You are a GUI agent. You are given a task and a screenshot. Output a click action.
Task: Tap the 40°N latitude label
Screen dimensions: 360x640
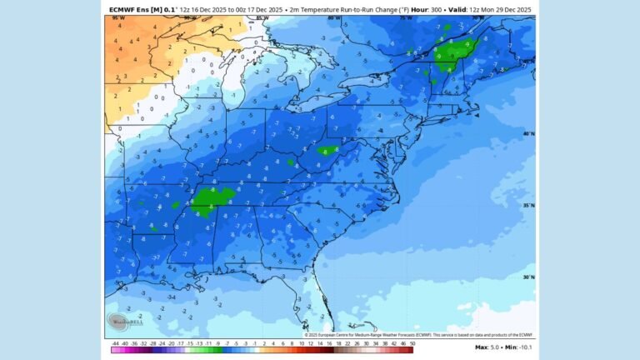pyautogui.click(x=527, y=133)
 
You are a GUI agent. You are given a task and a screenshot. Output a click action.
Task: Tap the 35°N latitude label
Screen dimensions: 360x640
pyautogui.click(x=527, y=205)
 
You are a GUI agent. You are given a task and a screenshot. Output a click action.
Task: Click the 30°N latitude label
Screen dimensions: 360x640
pyautogui.click(x=527, y=277)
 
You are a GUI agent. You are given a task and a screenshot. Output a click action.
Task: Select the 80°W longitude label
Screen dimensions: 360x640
pyautogui.click(x=333, y=17)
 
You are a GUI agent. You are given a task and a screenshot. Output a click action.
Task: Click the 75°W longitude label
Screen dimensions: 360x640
pyautogui.click(x=406, y=17)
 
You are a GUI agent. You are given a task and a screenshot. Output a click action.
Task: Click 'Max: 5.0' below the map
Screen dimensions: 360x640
pyautogui.click(x=487, y=347)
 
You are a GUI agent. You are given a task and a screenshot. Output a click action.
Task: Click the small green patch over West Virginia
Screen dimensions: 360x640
pyautogui.click(x=327, y=151)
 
